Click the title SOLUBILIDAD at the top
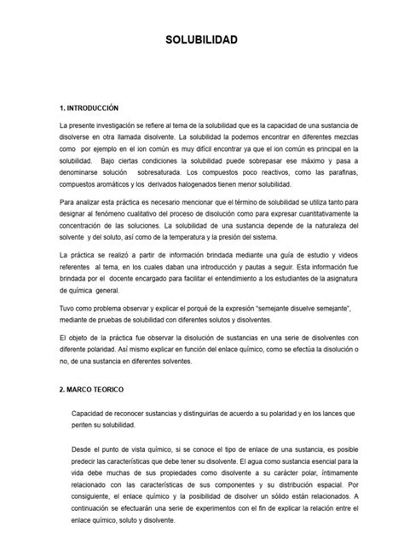point(201,40)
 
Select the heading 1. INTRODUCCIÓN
point(92,108)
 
